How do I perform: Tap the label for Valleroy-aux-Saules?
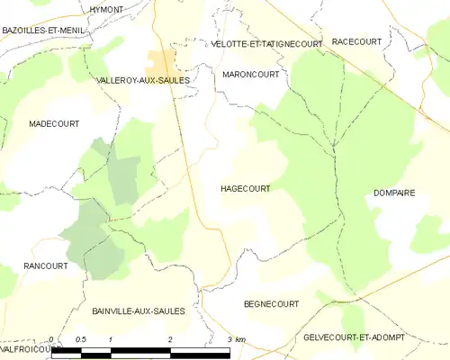coord(143,80)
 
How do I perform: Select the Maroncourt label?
coord(251,75)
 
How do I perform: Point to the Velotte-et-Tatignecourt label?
coord(266,43)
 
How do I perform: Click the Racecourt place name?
coord(356,41)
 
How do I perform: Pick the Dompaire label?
coord(394,193)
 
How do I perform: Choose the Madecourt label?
coord(54,123)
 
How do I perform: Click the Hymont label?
coord(106,9)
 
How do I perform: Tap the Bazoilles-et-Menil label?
coord(42,30)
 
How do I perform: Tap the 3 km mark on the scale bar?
coord(236,339)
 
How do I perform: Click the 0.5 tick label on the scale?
coord(81,339)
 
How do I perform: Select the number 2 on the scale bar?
coord(169,339)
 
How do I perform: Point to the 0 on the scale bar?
coord(53,339)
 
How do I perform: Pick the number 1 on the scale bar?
coord(110,339)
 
